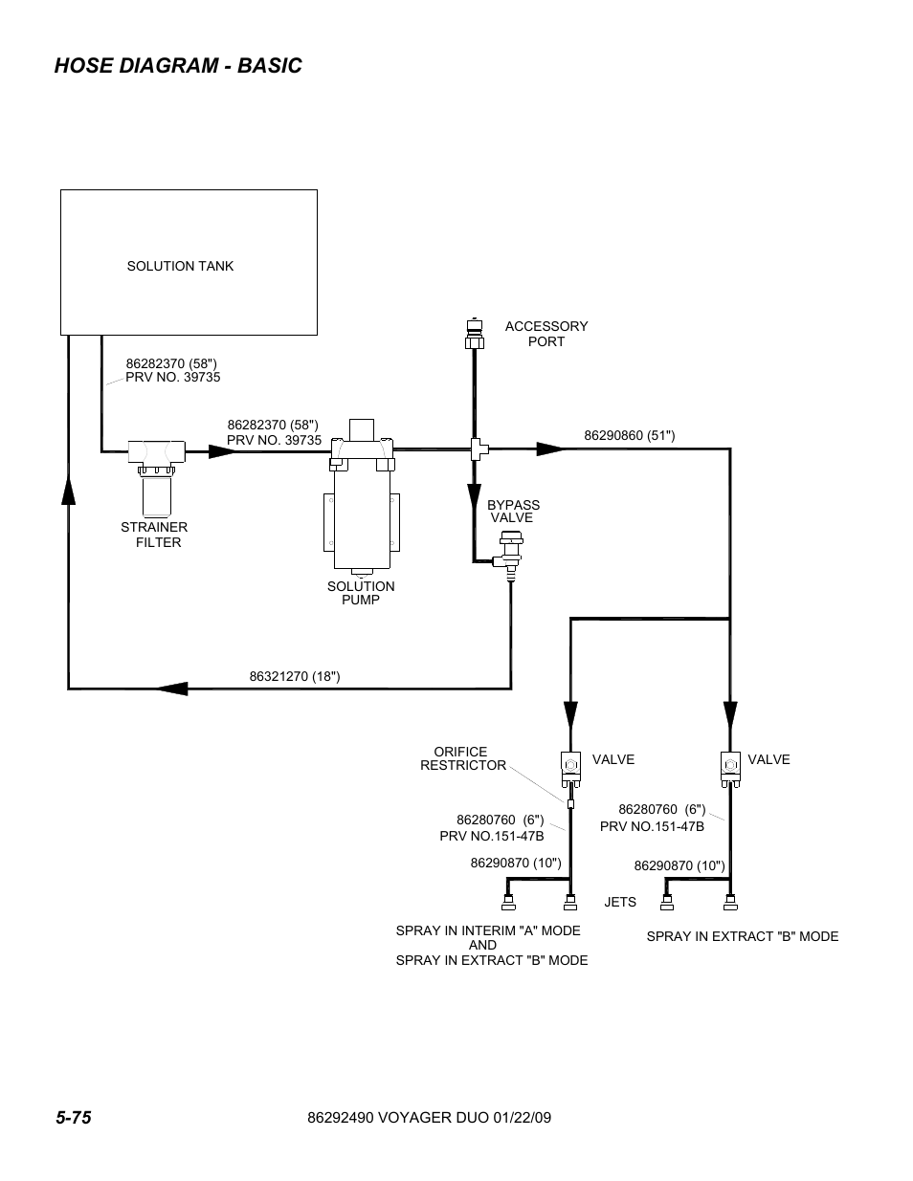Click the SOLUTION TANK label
coord(180,267)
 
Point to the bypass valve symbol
coord(509,556)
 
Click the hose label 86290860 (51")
coord(629,436)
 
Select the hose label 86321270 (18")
coord(295,677)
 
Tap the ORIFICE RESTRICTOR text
coord(463,759)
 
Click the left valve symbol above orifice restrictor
coord(570,765)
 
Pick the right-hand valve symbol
coord(730,765)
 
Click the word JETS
coord(620,903)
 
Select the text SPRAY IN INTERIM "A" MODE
coord(488,931)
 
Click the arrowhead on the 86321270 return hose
coord(172,688)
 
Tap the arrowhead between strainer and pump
coord(221,449)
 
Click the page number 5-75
coord(73,1118)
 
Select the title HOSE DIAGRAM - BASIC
coord(178,66)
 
